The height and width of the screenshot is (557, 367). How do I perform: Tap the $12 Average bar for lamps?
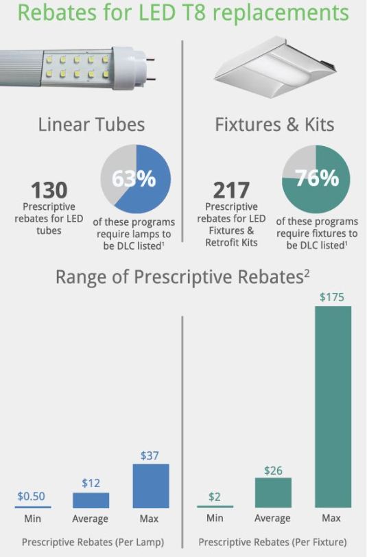[x=91, y=499]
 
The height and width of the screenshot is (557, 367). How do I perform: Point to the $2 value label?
[x=215, y=497]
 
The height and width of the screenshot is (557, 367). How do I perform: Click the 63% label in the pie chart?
[x=134, y=180]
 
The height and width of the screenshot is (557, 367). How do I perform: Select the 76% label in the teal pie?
[x=318, y=178]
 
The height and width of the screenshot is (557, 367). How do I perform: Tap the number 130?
[x=48, y=190]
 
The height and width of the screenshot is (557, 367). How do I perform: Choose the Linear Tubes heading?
[x=91, y=124]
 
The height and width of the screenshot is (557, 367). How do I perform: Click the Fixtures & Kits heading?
[x=274, y=124]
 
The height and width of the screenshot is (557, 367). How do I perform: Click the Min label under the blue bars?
[x=32, y=518]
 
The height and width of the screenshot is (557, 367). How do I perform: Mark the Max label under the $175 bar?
[x=333, y=518]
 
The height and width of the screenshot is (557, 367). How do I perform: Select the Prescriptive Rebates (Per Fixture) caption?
[x=273, y=542]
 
